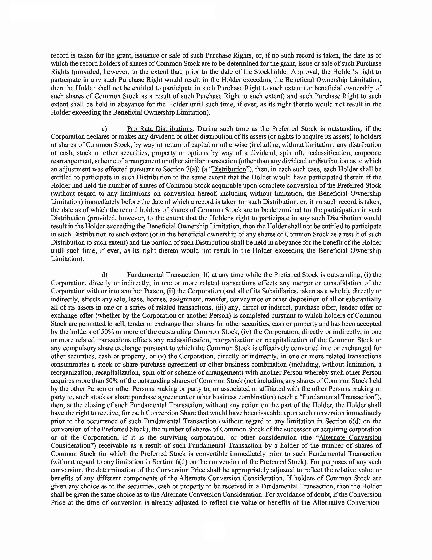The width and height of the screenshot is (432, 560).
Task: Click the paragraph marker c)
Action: pyautogui.click(x=104, y=129)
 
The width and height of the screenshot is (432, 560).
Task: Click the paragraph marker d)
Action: pyautogui.click(x=104, y=275)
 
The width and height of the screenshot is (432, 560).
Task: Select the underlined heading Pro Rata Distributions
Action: pyautogui.click(x=160, y=129)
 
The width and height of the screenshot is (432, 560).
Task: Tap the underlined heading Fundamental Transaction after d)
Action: pyautogui.click(x=163, y=275)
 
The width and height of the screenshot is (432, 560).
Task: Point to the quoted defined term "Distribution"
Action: pyautogui.click(x=229, y=169)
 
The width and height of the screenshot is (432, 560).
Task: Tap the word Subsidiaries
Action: pyautogui.click(x=282, y=291)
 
